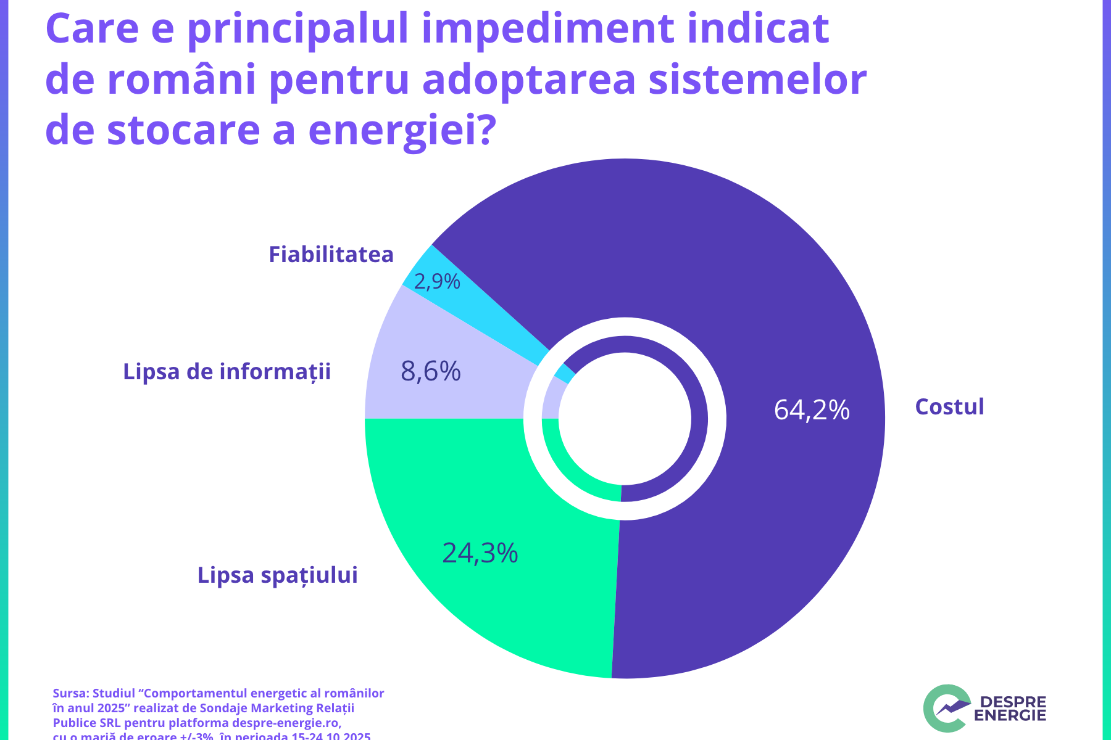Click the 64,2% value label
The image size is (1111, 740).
click(x=812, y=410)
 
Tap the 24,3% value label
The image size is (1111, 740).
click(x=480, y=553)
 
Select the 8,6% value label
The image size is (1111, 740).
click(x=431, y=372)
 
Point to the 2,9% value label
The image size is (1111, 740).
click(x=437, y=282)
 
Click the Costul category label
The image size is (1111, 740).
click(x=949, y=407)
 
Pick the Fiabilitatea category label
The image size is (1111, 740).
click(x=331, y=255)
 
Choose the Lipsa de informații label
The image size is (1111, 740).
click(x=227, y=372)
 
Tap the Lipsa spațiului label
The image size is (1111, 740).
click(x=278, y=575)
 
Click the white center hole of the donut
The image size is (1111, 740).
click(x=625, y=419)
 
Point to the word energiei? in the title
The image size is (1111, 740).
click(x=402, y=129)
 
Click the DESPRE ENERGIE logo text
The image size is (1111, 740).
click(x=1010, y=709)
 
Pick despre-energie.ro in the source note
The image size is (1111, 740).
click(x=286, y=723)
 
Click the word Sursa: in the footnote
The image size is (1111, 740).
click(x=70, y=693)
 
